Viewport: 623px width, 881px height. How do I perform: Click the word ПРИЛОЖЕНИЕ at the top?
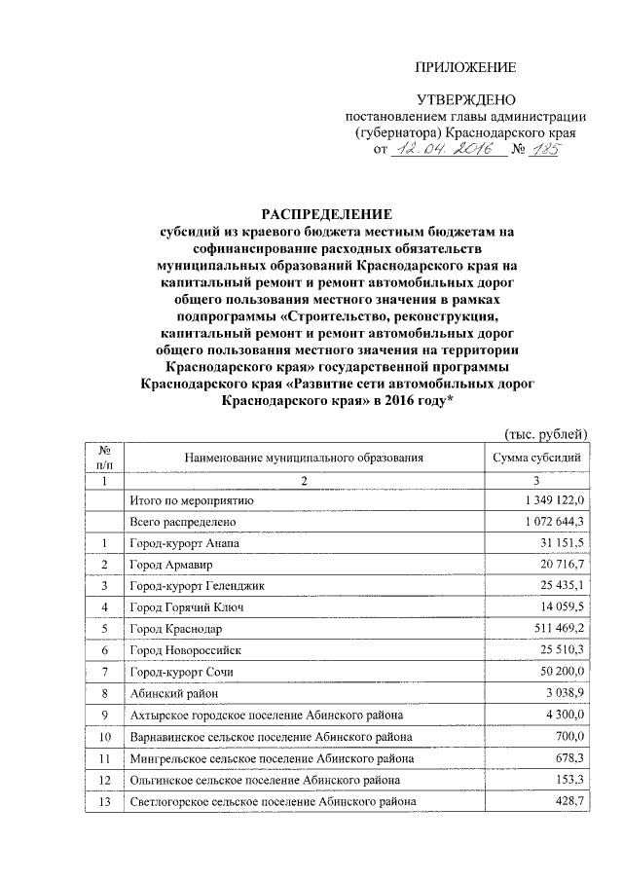coord(465,67)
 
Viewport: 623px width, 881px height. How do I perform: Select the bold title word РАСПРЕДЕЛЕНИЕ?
coord(325,213)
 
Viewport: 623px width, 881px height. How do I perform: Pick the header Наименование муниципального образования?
coord(303,457)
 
